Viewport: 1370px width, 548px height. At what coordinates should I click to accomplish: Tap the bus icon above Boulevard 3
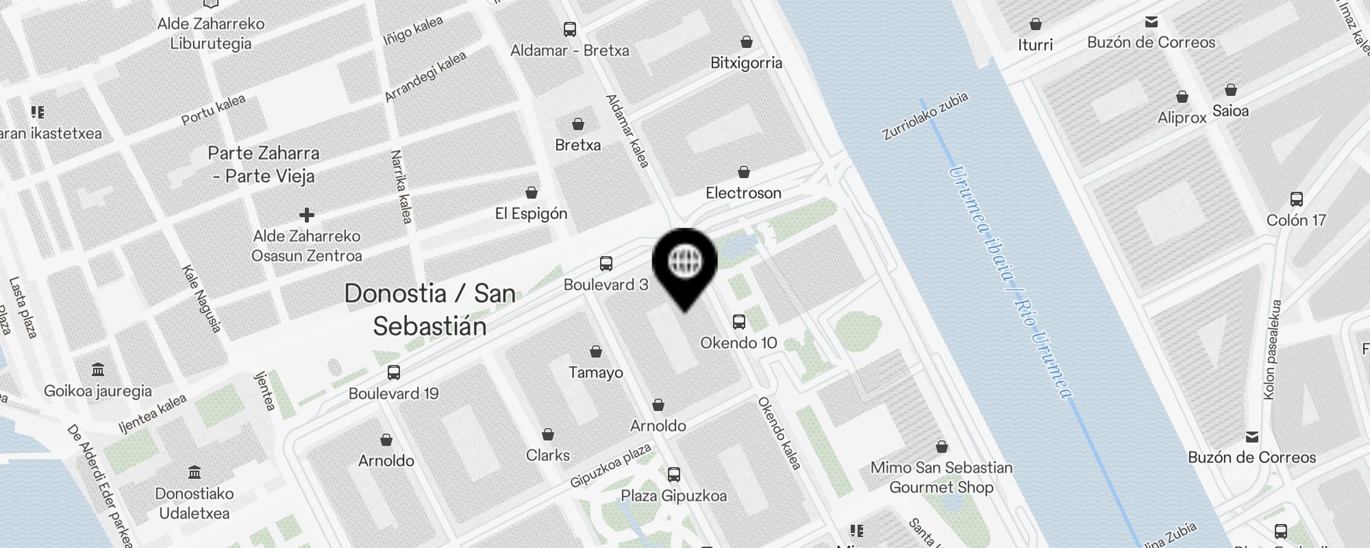[606, 264]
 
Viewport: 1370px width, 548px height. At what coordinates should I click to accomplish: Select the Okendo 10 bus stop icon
[738, 321]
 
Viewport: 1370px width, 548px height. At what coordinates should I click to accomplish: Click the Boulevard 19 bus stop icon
[393, 373]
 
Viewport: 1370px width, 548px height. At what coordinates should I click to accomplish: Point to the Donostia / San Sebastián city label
[429, 310]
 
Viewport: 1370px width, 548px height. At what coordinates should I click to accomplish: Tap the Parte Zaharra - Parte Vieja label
[264, 164]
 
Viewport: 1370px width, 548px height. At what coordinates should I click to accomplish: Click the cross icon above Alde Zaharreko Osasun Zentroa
[306, 215]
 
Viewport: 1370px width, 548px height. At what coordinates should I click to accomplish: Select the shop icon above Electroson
[743, 172]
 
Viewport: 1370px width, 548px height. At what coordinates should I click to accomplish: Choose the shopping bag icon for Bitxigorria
[746, 42]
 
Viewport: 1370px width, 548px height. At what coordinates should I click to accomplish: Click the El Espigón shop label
[531, 214]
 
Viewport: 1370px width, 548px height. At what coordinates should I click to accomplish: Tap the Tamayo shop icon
[596, 351]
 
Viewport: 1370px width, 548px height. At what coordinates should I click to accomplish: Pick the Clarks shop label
[547, 456]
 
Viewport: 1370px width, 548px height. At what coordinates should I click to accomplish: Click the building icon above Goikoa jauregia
[97, 370]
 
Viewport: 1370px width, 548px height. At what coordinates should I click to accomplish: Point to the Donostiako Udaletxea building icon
[194, 473]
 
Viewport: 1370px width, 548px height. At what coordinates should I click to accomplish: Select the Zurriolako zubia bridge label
[925, 116]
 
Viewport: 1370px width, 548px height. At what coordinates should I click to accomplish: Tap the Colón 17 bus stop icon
[1296, 199]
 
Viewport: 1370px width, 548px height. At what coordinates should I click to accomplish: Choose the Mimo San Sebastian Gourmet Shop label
[941, 477]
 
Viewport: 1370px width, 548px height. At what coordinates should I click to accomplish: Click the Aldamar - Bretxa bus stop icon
[569, 29]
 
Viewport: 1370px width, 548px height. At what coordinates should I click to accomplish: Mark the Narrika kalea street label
[401, 186]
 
